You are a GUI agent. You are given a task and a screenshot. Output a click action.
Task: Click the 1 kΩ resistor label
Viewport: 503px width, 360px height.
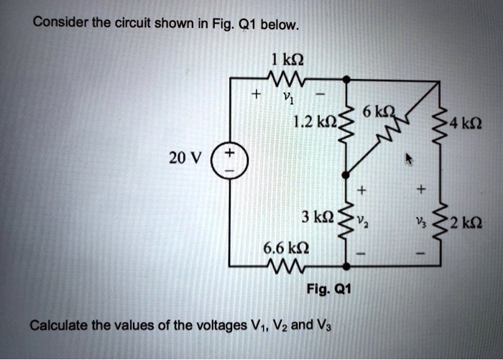287,60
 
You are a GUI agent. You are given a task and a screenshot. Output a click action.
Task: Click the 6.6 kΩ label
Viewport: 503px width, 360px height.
286,248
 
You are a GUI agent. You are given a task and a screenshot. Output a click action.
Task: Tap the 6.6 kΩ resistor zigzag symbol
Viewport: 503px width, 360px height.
286,266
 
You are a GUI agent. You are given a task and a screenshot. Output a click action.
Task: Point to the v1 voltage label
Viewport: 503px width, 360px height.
287,97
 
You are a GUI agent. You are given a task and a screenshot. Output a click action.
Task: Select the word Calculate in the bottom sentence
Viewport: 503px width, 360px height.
58,326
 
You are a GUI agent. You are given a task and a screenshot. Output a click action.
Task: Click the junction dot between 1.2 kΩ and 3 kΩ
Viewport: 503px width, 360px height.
346,174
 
